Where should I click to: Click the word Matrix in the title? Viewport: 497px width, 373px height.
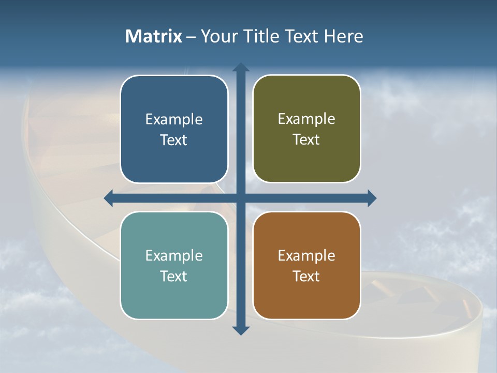153,36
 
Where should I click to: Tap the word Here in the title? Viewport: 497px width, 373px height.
343,36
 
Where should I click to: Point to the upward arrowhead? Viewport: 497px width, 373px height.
241,67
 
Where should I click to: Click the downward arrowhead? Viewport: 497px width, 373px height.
241,331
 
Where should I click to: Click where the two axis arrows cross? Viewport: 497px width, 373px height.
241,198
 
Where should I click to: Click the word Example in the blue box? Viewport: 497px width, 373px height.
174,120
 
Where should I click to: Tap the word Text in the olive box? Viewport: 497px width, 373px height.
306,140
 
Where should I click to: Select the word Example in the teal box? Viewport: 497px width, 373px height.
174,256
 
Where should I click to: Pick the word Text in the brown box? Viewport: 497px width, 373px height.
306,276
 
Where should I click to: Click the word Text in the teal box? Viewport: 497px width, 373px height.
174,276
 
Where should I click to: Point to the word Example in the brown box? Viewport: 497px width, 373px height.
306,256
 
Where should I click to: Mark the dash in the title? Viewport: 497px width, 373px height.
191,37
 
